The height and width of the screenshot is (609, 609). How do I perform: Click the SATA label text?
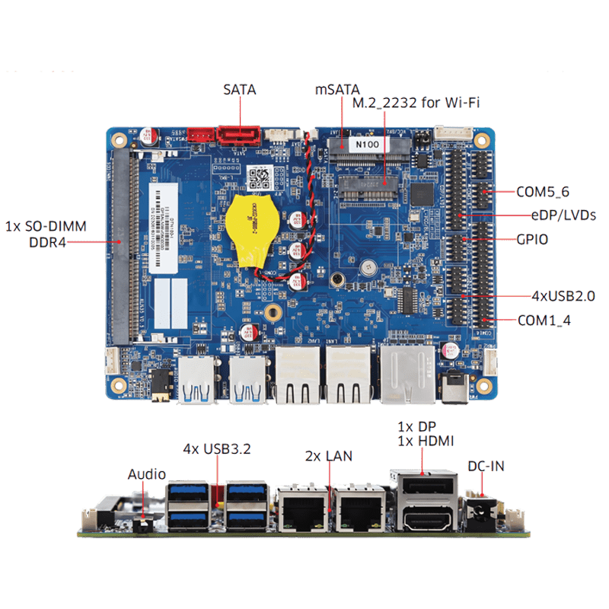tap(240, 90)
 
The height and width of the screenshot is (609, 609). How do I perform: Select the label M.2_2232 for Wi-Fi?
tap(416, 104)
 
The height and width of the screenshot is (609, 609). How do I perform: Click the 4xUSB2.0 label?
tap(563, 295)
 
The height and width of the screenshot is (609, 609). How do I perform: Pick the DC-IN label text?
tap(486, 466)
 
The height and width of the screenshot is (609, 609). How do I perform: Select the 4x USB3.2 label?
tap(217, 449)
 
